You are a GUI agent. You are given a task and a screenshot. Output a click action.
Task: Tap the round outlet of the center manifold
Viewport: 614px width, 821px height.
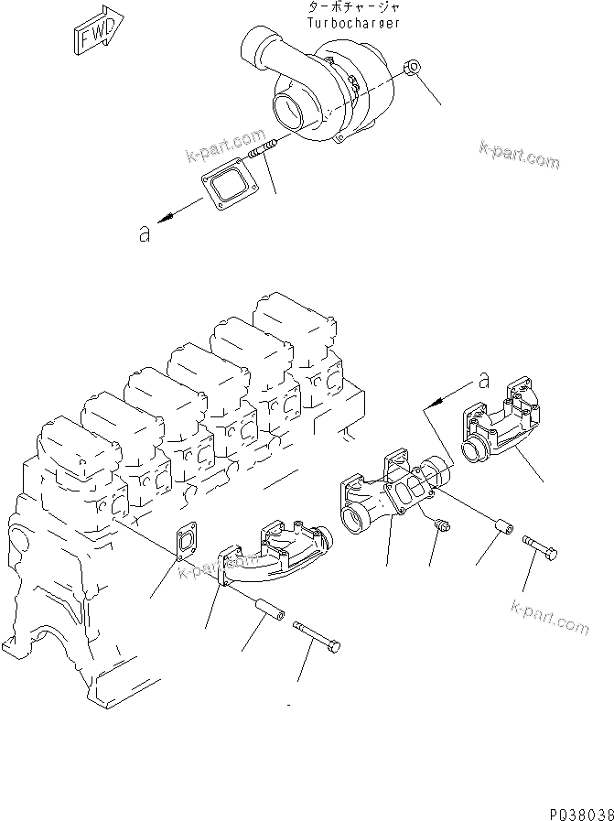click(353, 519)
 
